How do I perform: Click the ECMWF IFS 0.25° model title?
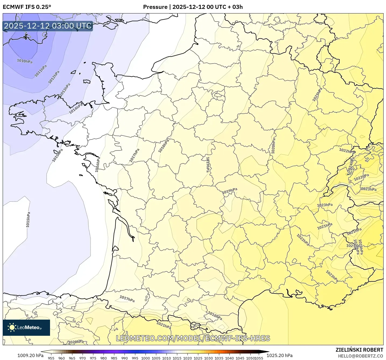click(x=27, y=7)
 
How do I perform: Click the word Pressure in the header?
click(x=155, y=7)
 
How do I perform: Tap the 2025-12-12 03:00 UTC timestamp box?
click(x=48, y=26)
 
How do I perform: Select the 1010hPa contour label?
click(x=25, y=61)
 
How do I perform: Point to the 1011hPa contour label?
click(x=41, y=71)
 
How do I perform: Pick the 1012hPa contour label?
click(x=54, y=77)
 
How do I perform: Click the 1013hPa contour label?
click(x=65, y=90)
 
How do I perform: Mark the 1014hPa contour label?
click(x=76, y=108)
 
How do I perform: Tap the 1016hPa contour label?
click(x=98, y=165)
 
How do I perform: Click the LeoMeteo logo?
click(x=26, y=327)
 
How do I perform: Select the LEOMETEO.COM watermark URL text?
click(x=193, y=338)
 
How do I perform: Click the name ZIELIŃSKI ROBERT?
click(x=359, y=350)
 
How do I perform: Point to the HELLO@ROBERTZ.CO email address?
click(x=360, y=356)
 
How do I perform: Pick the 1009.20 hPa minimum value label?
click(x=30, y=355)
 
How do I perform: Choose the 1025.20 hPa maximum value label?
click(x=279, y=355)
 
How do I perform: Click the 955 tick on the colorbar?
click(x=51, y=358)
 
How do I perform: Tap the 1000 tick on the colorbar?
click(x=146, y=358)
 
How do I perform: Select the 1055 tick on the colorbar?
click(x=259, y=358)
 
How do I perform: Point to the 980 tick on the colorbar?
click(x=104, y=358)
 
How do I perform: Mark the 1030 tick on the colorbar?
click(x=208, y=358)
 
